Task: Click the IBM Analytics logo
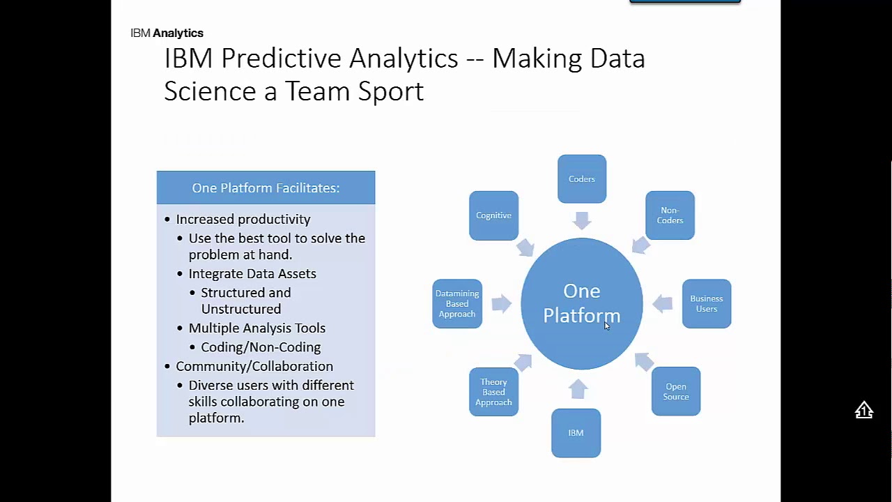coord(167,33)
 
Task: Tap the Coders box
coord(582,179)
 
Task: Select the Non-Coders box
coord(670,215)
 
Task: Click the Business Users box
coord(707,303)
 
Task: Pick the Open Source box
coord(676,391)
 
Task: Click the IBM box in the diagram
coord(576,433)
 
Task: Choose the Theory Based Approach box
coord(493,392)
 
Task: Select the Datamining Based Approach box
coord(457,303)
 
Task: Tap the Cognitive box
coord(493,215)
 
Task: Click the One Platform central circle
coord(582,303)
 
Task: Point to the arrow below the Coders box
coord(582,220)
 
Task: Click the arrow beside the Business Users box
coord(663,303)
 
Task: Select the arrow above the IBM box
coord(578,389)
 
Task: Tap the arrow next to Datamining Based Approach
coord(501,303)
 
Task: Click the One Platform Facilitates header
coord(266,188)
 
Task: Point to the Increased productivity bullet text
coord(243,219)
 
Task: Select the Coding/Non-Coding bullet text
coord(261,347)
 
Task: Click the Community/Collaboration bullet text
coord(254,366)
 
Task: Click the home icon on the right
coord(864,410)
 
